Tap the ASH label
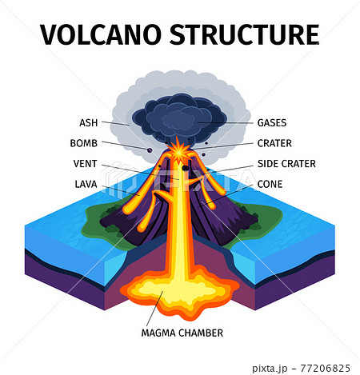[88, 123]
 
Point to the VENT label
[85, 164]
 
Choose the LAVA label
[85, 184]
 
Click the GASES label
[272, 123]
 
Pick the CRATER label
[274, 144]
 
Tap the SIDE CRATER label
[286, 164]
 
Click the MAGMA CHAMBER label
[182, 333]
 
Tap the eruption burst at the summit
[178, 150]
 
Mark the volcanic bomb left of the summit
[150, 149]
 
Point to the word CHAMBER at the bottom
[201, 333]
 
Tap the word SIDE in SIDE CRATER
[267, 164]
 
